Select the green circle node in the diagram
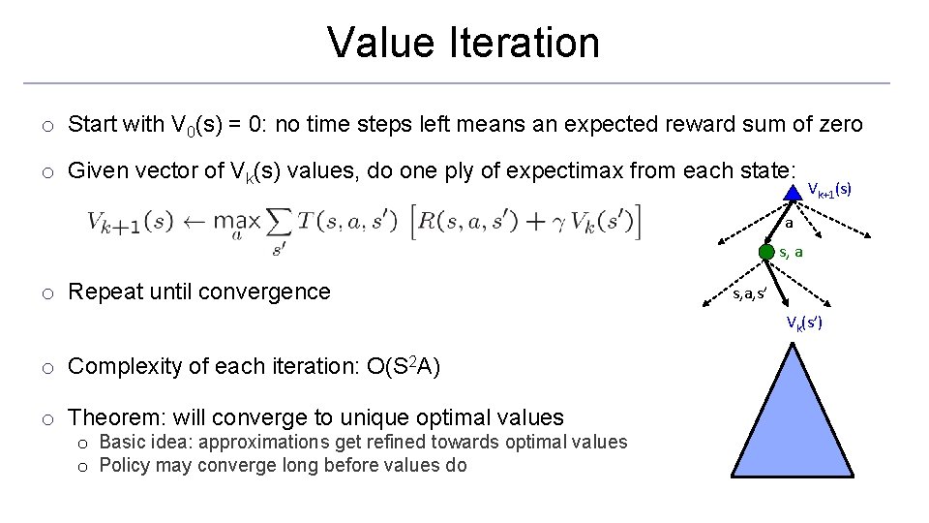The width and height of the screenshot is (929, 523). coord(766,253)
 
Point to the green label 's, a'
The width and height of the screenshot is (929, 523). coord(791,253)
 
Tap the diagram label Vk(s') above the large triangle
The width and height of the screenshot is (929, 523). coord(804,322)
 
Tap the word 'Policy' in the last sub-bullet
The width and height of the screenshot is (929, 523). coord(123,465)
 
